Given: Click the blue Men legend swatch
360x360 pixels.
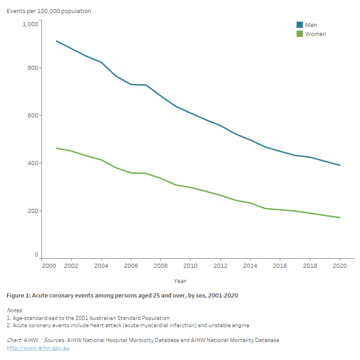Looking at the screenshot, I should (x=300, y=25).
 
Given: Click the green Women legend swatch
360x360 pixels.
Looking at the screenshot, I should (x=300, y=34).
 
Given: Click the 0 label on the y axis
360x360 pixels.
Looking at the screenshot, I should (x=36, y=255).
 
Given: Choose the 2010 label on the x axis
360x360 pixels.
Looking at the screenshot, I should (x=190, y=266).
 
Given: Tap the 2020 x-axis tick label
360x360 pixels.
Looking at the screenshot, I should (x=339, y=266).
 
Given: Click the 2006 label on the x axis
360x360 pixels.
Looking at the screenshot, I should (x=131, y=266).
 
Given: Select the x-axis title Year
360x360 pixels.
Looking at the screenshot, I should (x=180, y=281).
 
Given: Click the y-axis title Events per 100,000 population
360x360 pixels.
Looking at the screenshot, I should (x=49, y=11).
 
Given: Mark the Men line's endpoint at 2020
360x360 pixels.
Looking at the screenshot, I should (x=340, y=165).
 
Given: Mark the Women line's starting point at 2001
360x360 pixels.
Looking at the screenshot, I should (x=56, y=148).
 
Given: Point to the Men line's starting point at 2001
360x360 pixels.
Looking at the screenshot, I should (x=56, y=41).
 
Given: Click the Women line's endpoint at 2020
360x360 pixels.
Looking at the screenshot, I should (x=340, y=218).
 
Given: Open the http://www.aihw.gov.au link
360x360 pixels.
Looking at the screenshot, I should (x=38, y=348).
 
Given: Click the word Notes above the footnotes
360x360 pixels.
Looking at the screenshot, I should (x=15, y=310).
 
